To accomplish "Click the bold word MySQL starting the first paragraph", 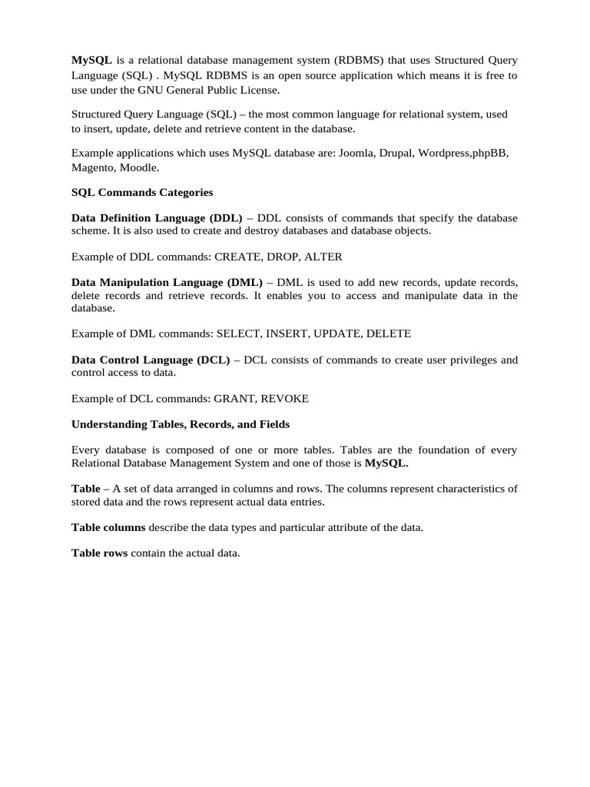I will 91,60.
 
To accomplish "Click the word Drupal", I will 397,153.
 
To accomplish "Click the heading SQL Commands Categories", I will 142,192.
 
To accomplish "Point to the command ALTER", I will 323,257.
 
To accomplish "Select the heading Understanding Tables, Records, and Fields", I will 181,424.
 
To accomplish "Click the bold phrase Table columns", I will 108,527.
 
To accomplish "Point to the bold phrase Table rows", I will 100,553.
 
